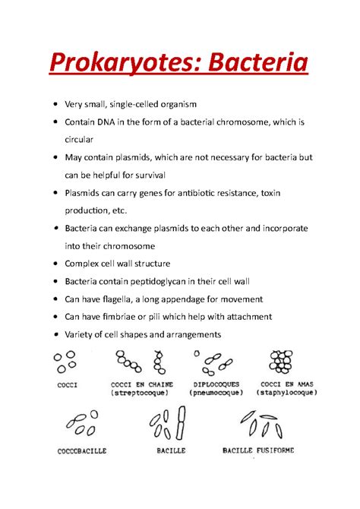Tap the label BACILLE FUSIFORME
point(257,450)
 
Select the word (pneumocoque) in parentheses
point(218,394)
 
